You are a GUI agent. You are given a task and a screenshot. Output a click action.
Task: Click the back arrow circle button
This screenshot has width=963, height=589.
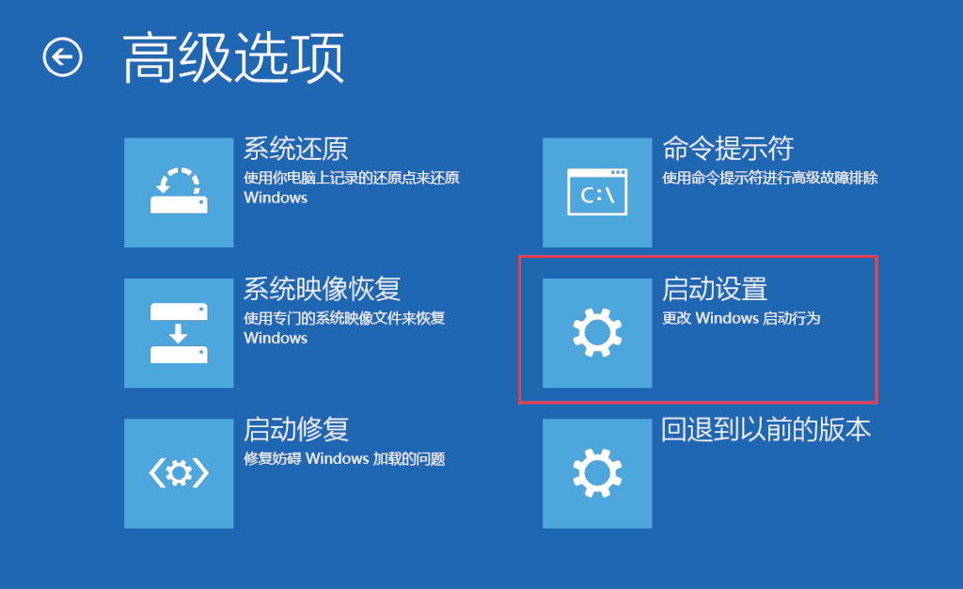tap(63, 57)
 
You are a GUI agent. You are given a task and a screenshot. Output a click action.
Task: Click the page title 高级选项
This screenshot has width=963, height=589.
tap(233, 58)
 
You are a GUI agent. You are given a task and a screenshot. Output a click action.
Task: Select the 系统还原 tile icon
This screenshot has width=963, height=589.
tap(179, 192)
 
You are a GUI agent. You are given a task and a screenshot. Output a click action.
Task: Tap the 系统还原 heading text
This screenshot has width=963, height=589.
tap(296, 149)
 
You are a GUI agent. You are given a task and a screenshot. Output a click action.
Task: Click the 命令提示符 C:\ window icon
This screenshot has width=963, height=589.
tap(597, 192)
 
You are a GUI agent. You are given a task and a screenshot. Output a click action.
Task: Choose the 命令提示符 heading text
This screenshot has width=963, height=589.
tap(728, 149)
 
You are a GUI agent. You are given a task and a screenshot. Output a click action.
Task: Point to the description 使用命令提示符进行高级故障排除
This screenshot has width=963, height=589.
tap(770, 178)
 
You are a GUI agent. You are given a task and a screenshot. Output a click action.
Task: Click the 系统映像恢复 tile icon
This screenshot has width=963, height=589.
tap(179, 333)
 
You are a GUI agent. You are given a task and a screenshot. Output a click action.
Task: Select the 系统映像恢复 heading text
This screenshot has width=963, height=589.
tap(323, 289)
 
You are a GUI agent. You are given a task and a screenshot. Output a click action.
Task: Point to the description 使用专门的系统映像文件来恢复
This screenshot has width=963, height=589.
tap(344, 318)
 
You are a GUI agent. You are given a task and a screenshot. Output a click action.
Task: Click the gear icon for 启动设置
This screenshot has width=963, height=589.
tap(597, 333)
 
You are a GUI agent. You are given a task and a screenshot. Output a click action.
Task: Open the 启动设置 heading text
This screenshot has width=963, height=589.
tap(715, 289)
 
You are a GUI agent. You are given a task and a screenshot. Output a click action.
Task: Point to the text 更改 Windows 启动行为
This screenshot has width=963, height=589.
tap(741, 318)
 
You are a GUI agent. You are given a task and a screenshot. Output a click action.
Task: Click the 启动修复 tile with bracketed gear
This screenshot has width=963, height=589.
tap(179, 473)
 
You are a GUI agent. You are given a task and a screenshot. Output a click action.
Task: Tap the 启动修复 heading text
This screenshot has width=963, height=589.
tap(296, 429)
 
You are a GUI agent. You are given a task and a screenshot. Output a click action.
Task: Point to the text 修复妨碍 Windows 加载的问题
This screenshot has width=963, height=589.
tap(344, 459)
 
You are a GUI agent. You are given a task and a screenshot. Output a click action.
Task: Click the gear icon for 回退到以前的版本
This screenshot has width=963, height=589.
tap(597, 473)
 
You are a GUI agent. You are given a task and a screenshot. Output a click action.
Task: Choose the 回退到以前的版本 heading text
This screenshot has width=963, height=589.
tap(766, 429)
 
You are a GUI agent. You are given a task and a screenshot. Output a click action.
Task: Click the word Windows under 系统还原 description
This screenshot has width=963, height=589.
tap(276, 198)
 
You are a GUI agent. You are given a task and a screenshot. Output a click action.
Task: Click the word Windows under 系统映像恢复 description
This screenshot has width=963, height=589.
tap(276, 339)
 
